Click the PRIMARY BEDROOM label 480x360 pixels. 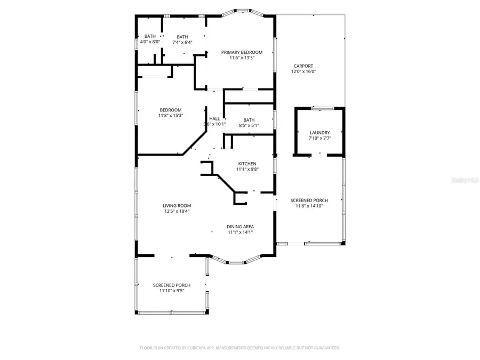(x=242, y=52)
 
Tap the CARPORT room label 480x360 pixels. (x=303, y=66)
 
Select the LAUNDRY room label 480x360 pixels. (x=319, y=133)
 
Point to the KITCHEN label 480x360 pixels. (x=247, y=164)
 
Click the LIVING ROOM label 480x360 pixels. (x=177, y=205)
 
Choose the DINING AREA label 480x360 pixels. (x=240, y=227)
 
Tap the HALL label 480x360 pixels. (x=214, y=119)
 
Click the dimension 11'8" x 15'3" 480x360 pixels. (x=170, y=116)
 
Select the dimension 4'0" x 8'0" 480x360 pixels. (x=150, y=42)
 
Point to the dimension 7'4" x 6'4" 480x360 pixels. (x=182, y=42)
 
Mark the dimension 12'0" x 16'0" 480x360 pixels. (x=303, y=71)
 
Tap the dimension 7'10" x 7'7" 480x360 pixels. (x=319, y=138)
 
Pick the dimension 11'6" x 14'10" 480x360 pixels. (x=309, y=206)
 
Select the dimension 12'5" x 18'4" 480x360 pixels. (x=177, y=211)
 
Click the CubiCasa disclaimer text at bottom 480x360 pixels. (x=239, y=348)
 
